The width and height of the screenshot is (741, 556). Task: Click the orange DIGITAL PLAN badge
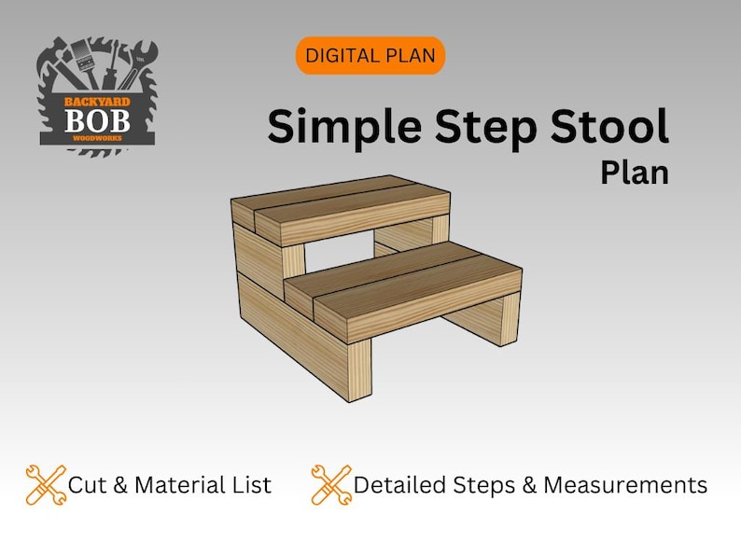370,56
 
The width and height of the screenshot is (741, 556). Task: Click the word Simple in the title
330,127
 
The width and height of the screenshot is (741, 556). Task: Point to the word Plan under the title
635,174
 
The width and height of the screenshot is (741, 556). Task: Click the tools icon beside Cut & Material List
45,485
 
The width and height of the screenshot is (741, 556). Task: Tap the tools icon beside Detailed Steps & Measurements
330,485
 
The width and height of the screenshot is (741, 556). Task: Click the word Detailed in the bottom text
401,485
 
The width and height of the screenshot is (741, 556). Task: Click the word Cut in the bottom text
87,485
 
